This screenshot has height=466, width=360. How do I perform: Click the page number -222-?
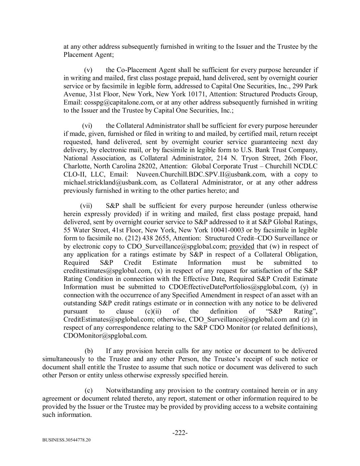coord(180,433)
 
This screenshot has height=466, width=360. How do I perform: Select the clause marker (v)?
coord(88,70)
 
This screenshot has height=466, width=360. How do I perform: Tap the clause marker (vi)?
coord(87,126)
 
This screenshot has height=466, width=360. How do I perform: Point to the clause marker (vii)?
coord(86,206)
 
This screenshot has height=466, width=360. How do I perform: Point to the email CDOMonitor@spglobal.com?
coord(105,336)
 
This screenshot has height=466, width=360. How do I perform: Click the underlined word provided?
coord(242,246)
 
